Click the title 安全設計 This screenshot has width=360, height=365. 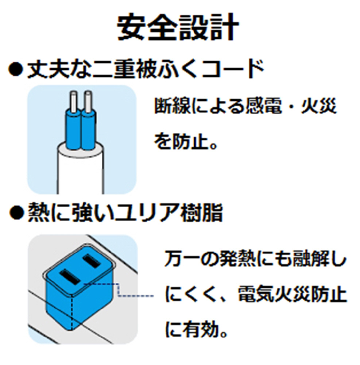click(x=178, y=27)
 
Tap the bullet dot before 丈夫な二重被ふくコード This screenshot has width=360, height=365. click(x=16, y=69)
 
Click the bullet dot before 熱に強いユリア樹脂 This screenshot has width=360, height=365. click(x=16, y=212)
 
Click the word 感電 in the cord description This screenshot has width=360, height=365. click(x=264, y=106)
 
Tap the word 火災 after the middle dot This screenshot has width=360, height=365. click(x=319, y=106)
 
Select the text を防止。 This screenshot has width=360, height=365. click(x=186, y=141)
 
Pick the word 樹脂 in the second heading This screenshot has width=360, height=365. click(x=201, y=212)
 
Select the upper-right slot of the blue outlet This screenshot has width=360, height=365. click(x=92, y=261)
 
